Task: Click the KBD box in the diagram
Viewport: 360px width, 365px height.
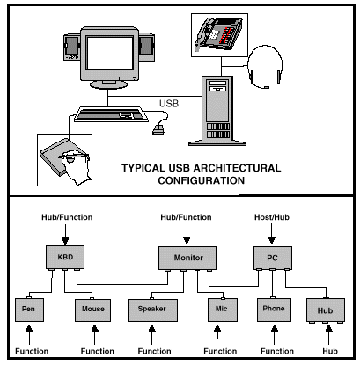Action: click(65, 257)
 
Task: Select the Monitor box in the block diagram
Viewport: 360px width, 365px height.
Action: click(187, 258)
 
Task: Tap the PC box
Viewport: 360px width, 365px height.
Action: click(273, 258)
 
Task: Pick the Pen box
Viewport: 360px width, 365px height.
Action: click(29, 310)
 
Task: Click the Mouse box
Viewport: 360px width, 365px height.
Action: click(92, 310)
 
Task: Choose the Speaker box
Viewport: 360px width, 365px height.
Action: click(152, 310)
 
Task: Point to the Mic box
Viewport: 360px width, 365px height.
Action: click(223, 310)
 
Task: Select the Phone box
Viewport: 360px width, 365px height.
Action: click(274, 310)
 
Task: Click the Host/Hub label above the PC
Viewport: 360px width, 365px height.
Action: click(272, 217)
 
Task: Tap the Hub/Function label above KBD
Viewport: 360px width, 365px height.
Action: click(67, 217)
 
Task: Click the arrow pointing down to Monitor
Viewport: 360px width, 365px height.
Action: click(187, 234)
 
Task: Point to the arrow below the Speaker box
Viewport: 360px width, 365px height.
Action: click(151, 334)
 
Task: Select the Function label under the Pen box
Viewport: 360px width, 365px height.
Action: click(32, 351)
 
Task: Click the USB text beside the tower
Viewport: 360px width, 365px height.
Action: click(169, 104)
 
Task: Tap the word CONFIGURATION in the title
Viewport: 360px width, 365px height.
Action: click(202, 180)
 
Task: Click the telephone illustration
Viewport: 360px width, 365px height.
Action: click(219, 34)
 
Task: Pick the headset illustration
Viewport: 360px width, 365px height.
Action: click(265, 67)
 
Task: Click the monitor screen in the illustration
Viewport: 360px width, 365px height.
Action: click(110, 53)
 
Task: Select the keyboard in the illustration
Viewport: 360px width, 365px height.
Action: click(111, 114)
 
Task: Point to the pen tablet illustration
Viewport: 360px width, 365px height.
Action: click(64, 160)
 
